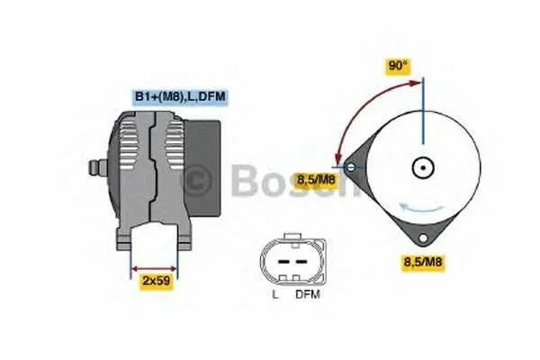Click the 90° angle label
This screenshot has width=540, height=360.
pyautogui.click(x=398, y=66)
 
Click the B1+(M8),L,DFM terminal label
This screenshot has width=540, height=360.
pyautogui.click(x=180, y=96)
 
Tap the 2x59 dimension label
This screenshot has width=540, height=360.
pyautogui.click(x=157, y=281)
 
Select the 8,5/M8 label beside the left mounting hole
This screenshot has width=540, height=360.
pyautogui.click(x=316, y=179)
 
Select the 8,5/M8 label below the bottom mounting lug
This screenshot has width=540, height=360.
pyautogui.click(x=423, y=262)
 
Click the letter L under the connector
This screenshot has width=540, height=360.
pyautogui.click(x=274, y=295)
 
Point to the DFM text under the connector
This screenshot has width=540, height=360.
pyautogui.click(x=308, y=294)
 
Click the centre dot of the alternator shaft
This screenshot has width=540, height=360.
pyautogui.click(x=423, y=168)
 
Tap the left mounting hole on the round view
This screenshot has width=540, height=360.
pyautogui.click(x=351, y=167)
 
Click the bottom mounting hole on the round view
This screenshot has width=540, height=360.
pyautogui.click(x=423, y=238)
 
